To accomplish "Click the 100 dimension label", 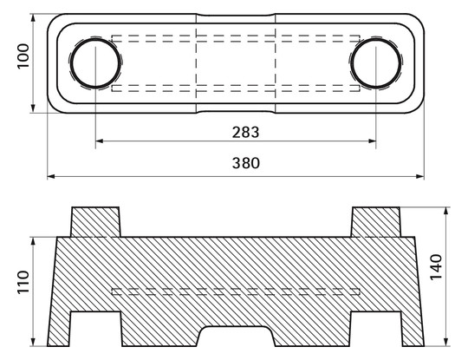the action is pos(23,56).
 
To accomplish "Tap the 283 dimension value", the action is pos(245,132).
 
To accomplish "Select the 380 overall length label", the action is pos(246,163).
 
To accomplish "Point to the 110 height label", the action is pos(23,282).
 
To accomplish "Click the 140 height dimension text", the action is pos(436,267).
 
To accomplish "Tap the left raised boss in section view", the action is pos(95,222).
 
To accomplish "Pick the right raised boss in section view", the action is pos(376,222).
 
